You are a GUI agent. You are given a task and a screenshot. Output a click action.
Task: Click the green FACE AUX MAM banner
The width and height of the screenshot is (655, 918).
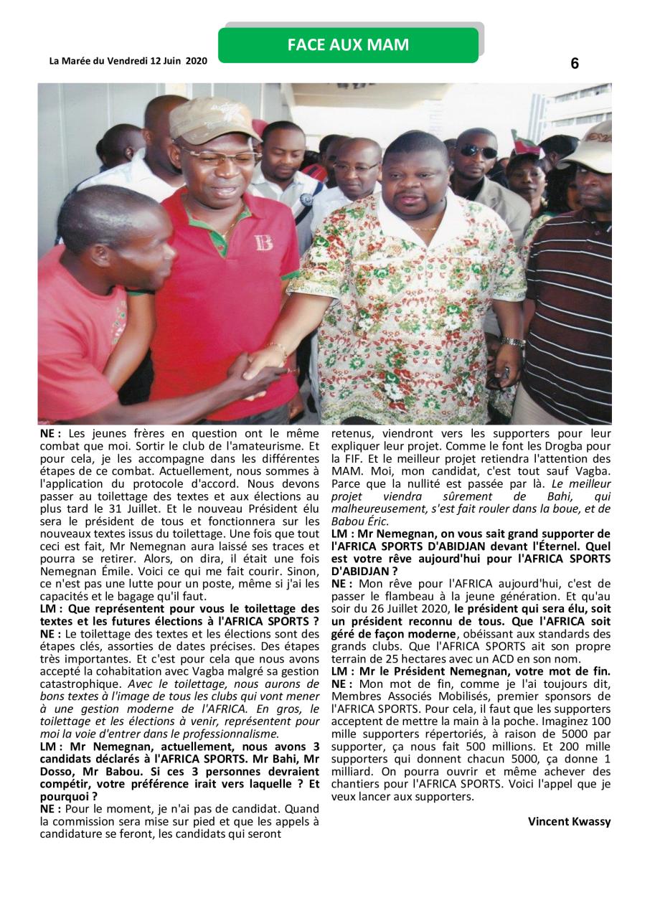click(x=348, y=45)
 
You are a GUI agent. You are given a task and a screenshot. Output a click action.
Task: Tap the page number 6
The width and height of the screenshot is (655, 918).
click(x=575, y=64)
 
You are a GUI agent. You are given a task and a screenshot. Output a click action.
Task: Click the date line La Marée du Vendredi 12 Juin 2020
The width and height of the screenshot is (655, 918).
click(x=128, y=61)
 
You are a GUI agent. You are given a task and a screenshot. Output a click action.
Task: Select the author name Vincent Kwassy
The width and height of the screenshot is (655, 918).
click(x=569, y=822)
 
